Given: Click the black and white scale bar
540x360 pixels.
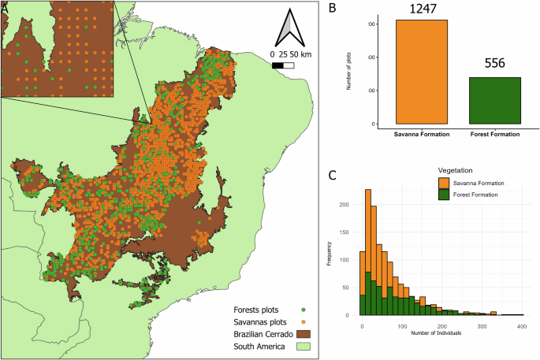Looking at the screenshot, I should pyautogui.click(x=283, y=66).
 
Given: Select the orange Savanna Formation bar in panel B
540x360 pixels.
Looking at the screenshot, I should pyautogui.click(x=422, y=72).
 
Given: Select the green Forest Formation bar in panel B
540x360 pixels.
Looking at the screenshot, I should pyautogui.click(x=494, y=100).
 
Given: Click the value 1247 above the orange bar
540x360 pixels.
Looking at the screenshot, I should pyautogui.click(x=422, y=9).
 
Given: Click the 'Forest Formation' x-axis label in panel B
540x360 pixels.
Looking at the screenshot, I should pyautogui.click(x=494, y=134).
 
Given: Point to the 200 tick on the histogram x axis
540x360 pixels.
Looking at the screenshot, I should pyautogui.click(x=441, y=325).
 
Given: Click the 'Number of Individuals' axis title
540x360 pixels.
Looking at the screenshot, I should pyautogui.click(x=441, y=334).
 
